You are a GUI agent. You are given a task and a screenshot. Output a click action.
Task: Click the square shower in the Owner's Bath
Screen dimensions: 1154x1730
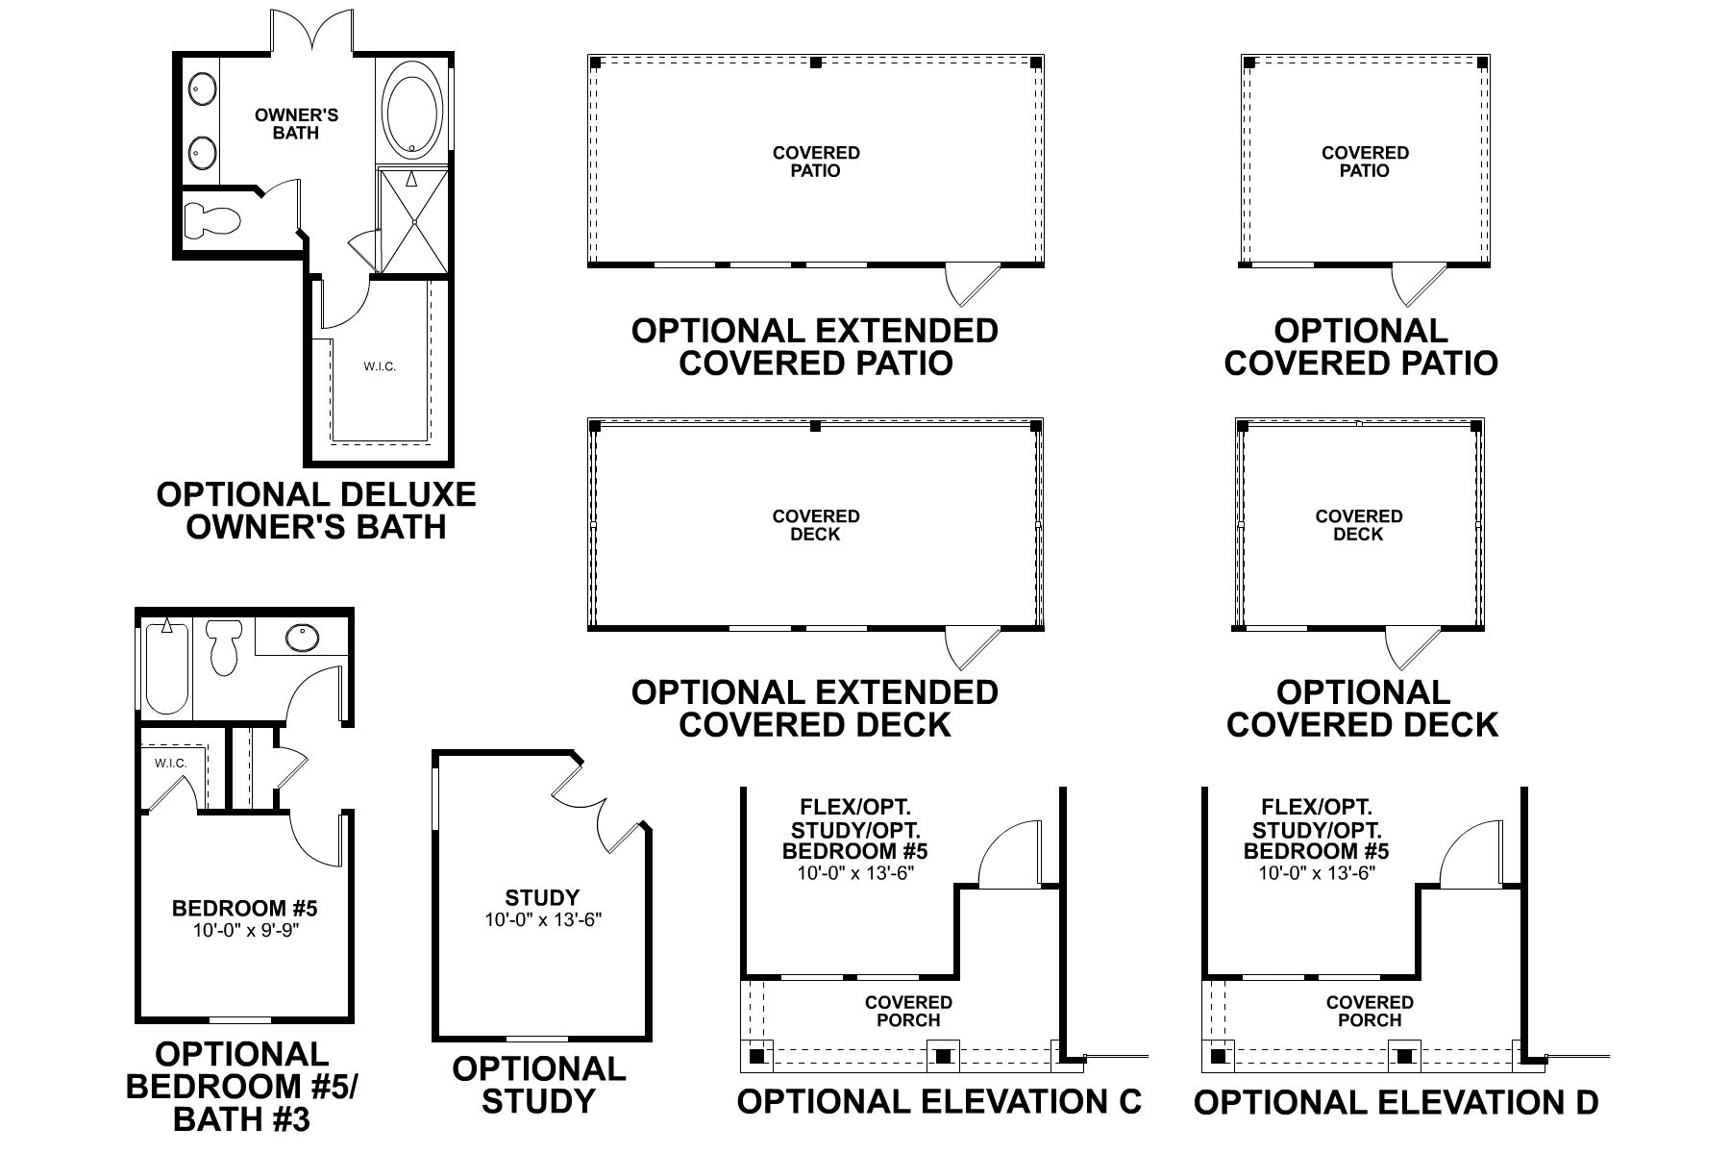(x=412, y=220)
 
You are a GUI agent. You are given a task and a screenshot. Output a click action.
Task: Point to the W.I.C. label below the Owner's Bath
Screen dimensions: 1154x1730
(x=380, y=366)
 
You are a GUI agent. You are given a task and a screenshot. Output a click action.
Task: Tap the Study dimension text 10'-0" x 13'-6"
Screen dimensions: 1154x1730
(x=542, y=920)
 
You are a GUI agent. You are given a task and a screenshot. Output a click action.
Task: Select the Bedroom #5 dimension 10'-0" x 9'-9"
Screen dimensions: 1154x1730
(x=244, y=930)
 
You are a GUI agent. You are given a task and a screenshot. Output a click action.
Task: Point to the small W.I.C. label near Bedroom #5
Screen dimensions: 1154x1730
(x=170, y=763)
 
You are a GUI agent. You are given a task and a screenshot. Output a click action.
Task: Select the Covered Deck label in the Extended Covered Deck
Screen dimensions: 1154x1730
(x=816, y=525)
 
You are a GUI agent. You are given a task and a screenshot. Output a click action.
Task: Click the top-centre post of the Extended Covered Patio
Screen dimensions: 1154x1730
(x=815, y=63)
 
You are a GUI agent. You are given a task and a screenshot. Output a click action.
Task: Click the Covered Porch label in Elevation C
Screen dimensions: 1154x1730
(x=908, y=1011)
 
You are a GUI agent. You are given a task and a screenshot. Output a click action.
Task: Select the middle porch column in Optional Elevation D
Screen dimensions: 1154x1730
(x=1404, y=1056)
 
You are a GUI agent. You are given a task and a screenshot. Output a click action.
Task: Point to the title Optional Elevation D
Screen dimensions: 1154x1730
(x=1396, y=1102)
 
